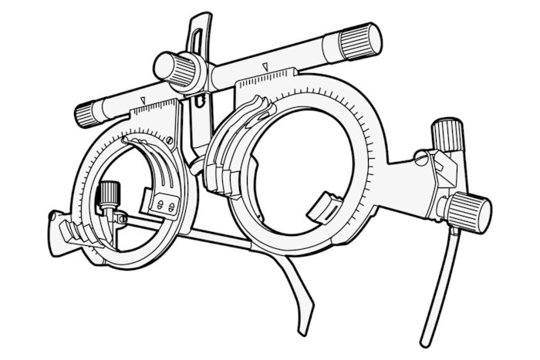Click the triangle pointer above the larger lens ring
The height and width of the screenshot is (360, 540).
point(264,67)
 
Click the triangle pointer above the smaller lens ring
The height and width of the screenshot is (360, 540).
point(144,101)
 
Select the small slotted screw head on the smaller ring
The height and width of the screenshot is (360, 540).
point(170,140)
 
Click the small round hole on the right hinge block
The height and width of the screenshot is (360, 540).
point(421,158)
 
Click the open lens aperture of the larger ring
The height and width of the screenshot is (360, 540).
point(297,162)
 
